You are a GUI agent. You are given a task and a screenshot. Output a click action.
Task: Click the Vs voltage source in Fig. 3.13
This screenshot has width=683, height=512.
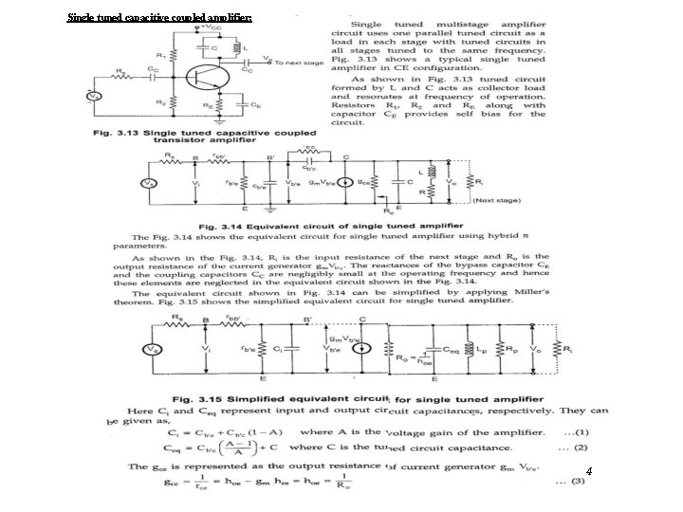tap(93, 97)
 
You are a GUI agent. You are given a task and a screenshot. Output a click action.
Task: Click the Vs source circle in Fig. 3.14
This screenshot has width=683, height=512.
tap(148, 182)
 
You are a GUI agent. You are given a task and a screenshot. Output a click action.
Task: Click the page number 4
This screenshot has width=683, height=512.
tap(589, 470)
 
